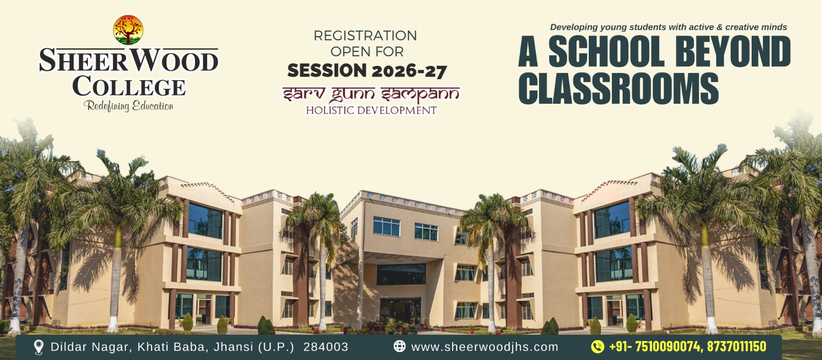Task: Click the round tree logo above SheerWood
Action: [128, 30]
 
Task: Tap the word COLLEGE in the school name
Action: [129, 86]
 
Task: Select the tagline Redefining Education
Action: [128, 106]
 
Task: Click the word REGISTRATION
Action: [365, 35]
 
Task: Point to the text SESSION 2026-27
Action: [367, 70]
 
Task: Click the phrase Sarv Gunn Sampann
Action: [370, 94]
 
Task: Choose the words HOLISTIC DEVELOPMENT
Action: [371, 110]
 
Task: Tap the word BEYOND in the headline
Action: [733, 52]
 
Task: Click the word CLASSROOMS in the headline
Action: [619, 88]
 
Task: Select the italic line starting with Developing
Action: [668, 27]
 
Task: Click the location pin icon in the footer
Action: [39, 347]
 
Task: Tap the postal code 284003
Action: [326, 347]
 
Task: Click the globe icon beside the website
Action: [400, 347]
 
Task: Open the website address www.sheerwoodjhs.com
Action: [485, 347]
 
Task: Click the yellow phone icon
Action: [597, 347]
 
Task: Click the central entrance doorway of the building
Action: [400, 311]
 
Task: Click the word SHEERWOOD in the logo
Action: [129, 61]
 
